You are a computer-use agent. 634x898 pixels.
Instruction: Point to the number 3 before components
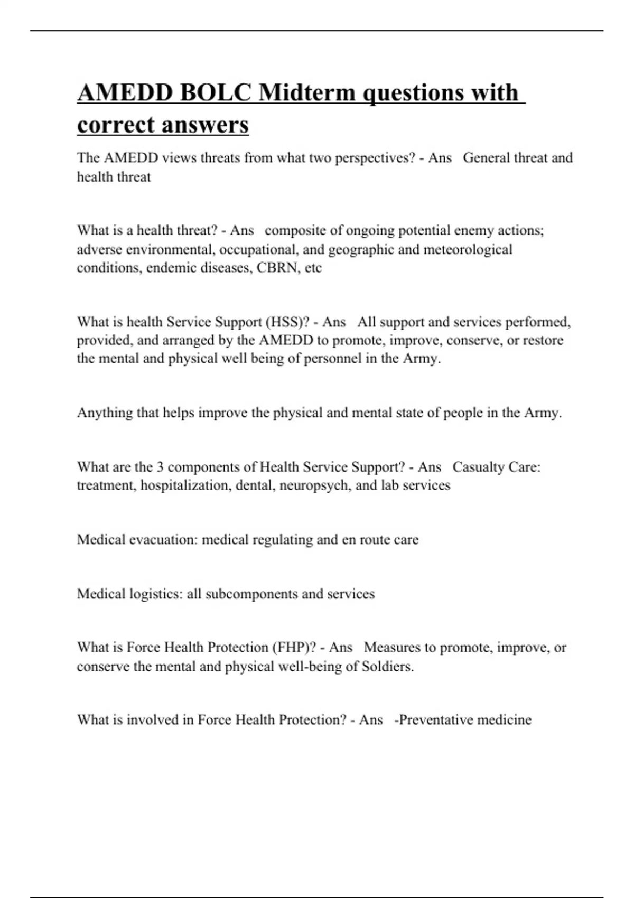[160, 467]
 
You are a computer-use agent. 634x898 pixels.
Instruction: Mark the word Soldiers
[387, 667]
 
